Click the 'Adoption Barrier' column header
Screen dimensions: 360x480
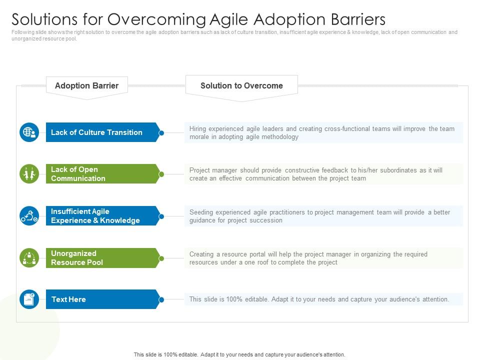tap(86, 85)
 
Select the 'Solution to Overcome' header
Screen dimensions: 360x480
tap(241, 85)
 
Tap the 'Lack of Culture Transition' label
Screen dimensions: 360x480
tap(96, 132)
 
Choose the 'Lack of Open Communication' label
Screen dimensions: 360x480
tap(78, 174)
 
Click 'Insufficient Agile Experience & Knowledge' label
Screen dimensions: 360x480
tap(95, 216)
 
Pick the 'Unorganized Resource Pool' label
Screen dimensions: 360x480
tap(77, 258)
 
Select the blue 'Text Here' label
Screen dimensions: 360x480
tap(68, 299)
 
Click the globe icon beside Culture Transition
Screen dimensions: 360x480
tap(29, 132)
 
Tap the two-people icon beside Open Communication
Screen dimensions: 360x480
tap(29, 174)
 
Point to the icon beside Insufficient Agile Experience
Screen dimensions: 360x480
tap(29, 216)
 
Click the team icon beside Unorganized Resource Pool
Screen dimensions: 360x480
tap(29, 258)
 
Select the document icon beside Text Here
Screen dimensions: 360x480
tap(29, 299)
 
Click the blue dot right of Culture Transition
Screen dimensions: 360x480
tap(161, 133)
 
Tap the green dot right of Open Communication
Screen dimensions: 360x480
tap(161, 174)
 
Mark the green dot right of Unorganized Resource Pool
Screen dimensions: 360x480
tap(161, 258)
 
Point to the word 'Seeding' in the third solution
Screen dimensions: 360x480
tap(201, 212)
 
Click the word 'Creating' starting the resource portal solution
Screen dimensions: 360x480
tap(201, 254)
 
